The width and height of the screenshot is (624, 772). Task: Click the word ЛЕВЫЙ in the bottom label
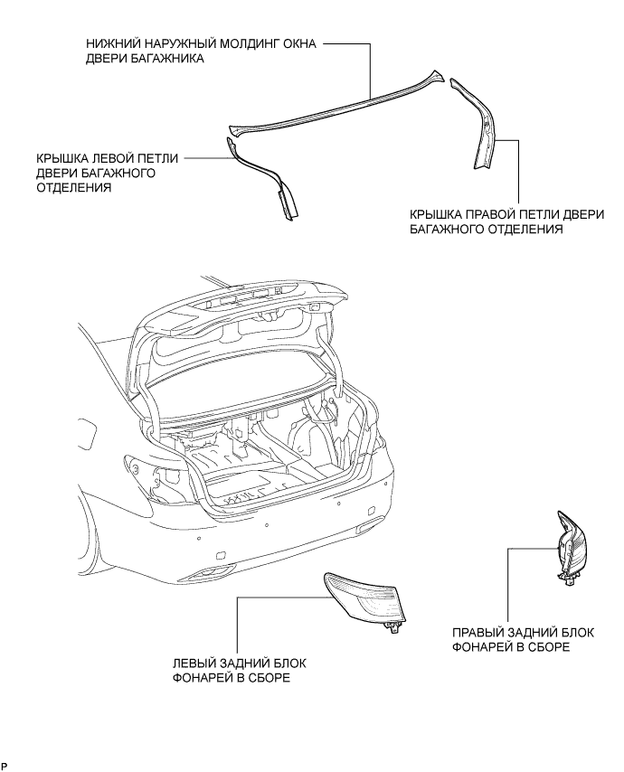(203, 663)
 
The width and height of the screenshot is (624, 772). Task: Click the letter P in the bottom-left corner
(5, 767)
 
